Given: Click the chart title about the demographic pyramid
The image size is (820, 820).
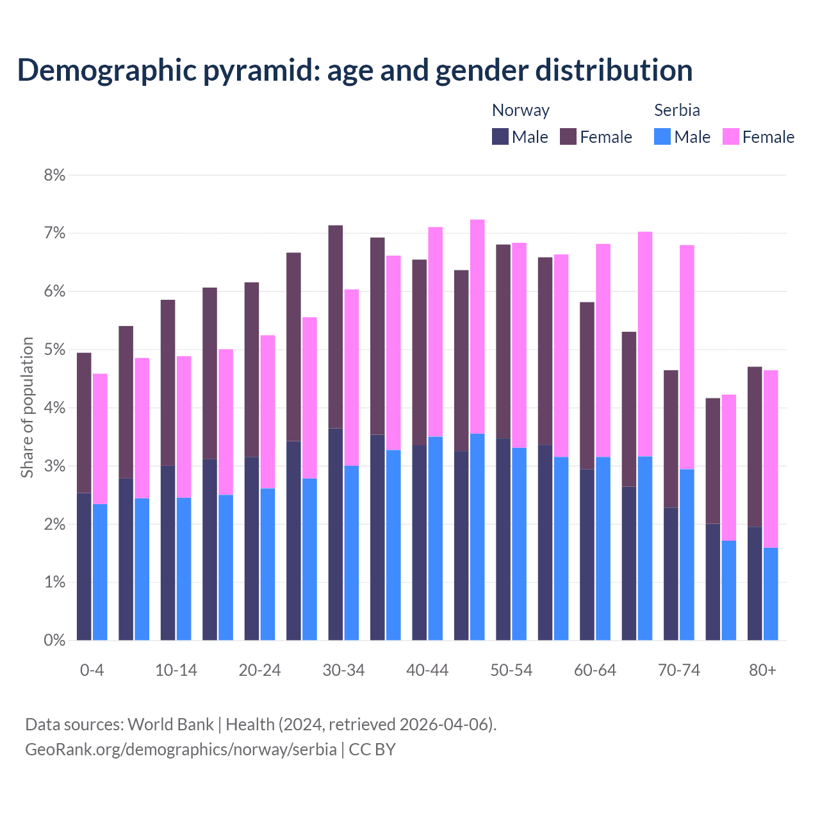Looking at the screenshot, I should [x=355, y=70].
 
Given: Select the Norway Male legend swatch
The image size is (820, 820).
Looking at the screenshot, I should [x=500, y=136].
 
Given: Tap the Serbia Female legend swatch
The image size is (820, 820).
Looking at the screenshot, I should [x=730, y=136].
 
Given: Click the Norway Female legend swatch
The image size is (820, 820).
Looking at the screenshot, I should [x=568, y=136].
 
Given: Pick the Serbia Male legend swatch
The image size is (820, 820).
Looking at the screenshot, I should [x=662, y=136].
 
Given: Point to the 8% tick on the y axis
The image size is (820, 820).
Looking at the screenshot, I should [x=54, y=175].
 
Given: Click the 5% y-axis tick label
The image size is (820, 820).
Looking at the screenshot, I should [x=54, y=350].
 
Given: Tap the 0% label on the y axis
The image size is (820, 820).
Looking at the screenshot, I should [x=54, y=640].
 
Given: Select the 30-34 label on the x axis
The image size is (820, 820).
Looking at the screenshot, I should [x=343, y=670].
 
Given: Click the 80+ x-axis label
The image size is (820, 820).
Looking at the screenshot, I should [x=762, y=670].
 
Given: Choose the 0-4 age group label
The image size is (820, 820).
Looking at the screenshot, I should [x=92, y=670].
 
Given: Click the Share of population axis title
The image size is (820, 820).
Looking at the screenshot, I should [x=27, y=407].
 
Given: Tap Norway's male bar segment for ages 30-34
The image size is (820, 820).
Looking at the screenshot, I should [x=335, y=534].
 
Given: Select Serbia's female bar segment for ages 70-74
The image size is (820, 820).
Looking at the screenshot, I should [x=687, y=357].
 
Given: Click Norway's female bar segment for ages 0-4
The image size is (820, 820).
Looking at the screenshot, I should [x=84, y=423].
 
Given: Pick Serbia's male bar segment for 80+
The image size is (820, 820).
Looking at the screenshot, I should [x=771, y=594].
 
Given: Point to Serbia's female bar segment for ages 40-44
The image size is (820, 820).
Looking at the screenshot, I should [x=436, y=332].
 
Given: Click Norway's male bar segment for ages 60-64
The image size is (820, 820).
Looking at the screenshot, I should [x=587, y=554].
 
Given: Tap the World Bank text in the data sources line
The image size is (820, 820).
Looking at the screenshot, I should [x=170, y=724].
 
